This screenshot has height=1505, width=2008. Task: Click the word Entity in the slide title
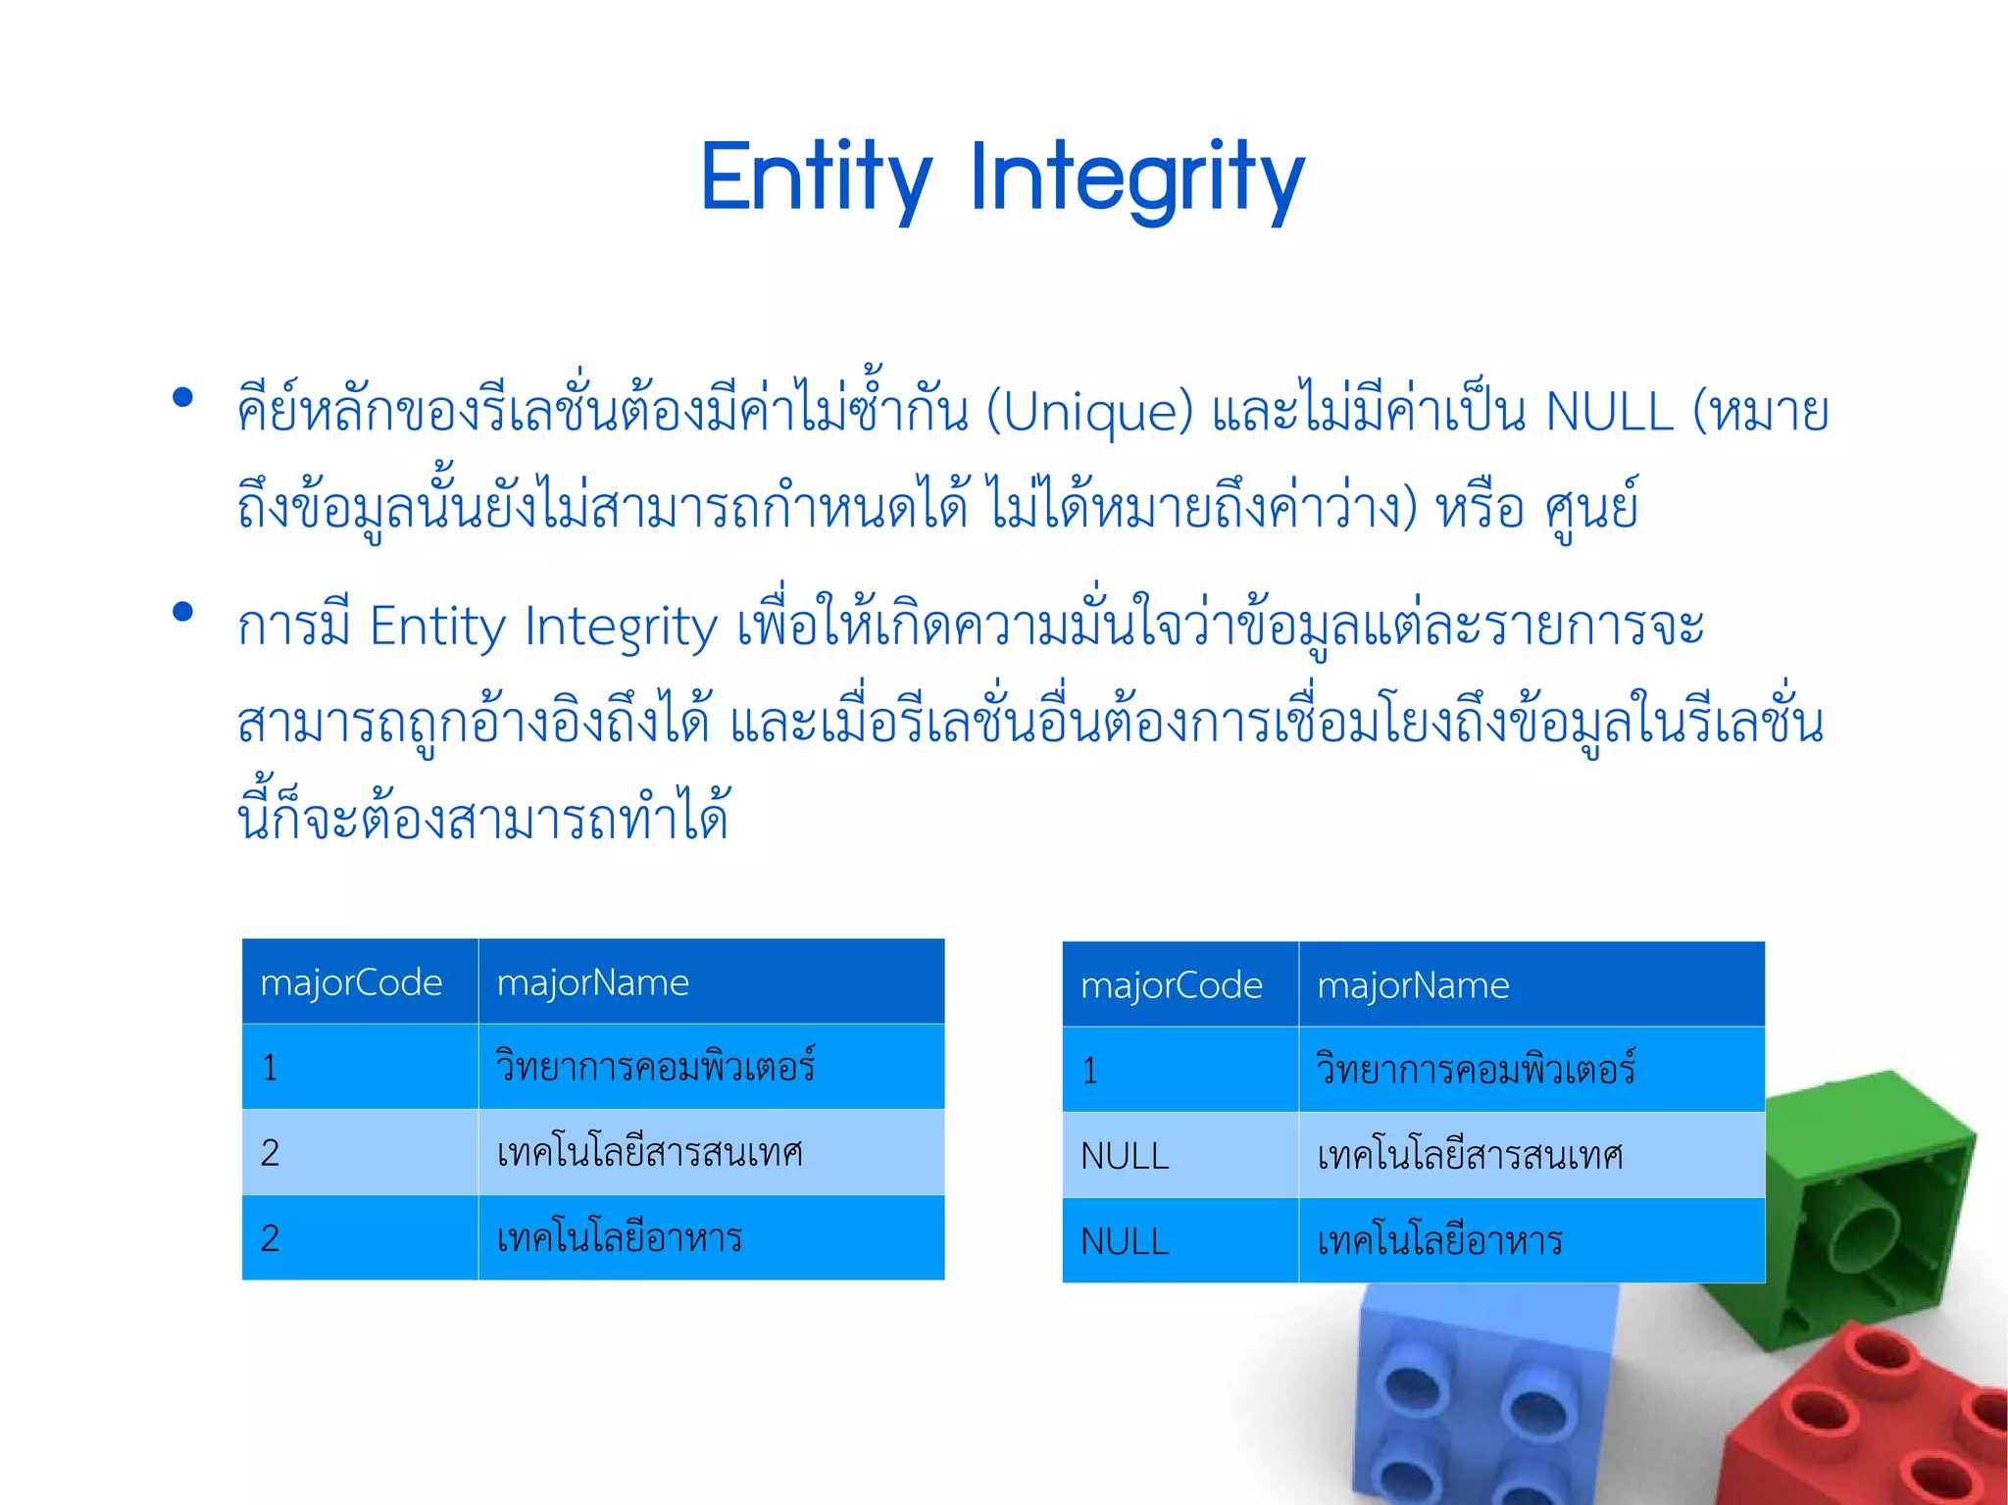[816, 178]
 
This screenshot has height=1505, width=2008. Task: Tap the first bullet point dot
[182, 398]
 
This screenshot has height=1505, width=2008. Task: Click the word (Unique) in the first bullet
[1089, 412]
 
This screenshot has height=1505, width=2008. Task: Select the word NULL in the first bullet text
[1609, 412]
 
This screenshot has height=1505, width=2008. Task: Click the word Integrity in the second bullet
[621, 627]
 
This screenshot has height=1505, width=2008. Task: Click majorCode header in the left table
[351, 982]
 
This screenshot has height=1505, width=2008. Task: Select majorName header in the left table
[593, 982]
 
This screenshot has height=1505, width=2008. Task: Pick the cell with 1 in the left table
[271, 1068]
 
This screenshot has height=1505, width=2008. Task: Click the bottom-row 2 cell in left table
[271, 1238]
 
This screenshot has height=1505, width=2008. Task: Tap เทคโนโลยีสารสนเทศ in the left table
[649, 1153]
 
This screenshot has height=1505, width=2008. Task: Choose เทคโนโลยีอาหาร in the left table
[619, 1238]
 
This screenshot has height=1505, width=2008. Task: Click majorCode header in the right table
[1171, 985]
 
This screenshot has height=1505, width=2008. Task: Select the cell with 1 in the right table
[1090, 1071]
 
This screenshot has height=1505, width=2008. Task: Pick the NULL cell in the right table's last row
[1125, 1242]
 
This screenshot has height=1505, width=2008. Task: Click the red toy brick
[1863, 1422]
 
